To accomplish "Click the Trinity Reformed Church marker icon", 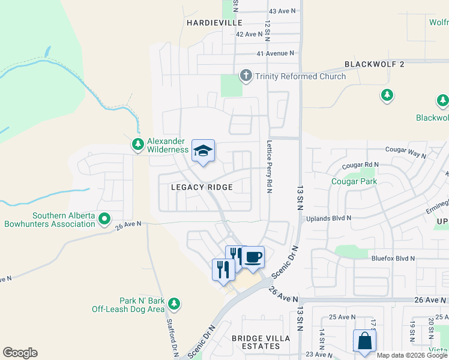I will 246,76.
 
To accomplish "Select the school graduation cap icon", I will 203,151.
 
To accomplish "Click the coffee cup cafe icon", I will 253,257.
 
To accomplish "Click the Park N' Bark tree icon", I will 174,304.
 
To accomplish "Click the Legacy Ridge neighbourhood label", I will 201,187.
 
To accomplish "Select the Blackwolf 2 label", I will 375,64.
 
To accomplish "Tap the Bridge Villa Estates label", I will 261,338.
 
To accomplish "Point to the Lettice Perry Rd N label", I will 270,166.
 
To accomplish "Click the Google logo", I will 20,353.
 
